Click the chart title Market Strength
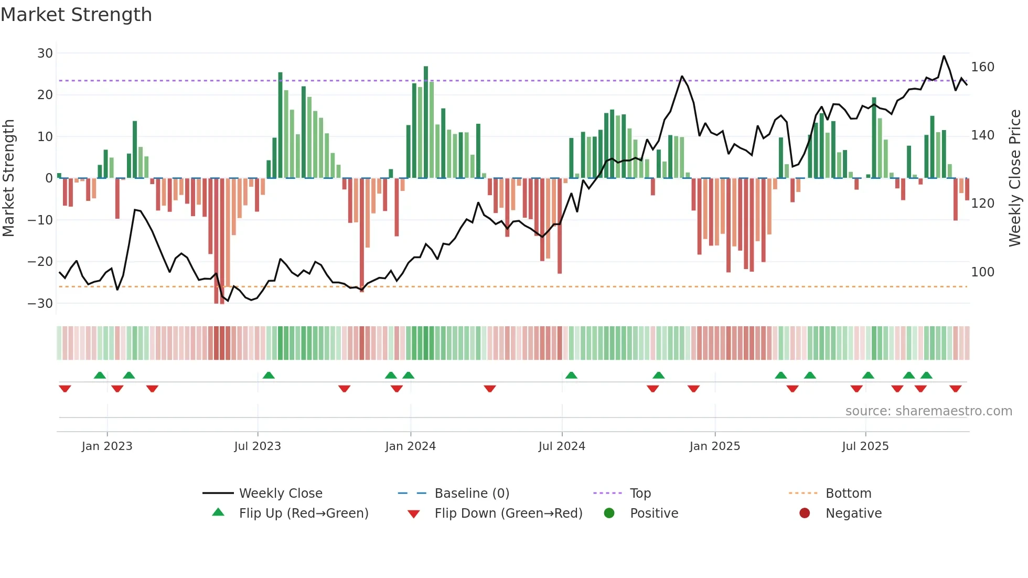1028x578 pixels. pos(76,15)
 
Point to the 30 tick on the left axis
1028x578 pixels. pos(45,53)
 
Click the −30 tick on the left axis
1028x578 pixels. pos(40,303)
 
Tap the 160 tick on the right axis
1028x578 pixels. pos(982,67)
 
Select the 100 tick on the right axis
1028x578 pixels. pos(982,272)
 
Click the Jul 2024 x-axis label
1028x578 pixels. pos(562,446)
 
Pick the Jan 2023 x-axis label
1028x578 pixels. pos(107,446)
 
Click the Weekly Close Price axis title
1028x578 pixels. pos(1015,178)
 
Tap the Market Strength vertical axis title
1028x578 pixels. pos(8,178)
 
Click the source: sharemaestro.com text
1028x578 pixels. pos(928,411)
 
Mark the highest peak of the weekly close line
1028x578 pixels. pos(944,56)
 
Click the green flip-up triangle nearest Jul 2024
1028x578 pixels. pos(571,375)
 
